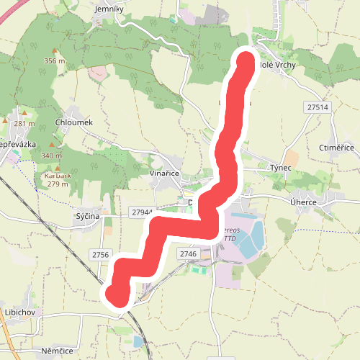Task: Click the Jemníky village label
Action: coord(110,9)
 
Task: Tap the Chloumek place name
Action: coord(74,123)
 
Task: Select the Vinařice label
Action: coord(164,174)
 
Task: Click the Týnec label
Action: coord(280,167)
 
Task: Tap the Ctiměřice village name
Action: coord(336,148)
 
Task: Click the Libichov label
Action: coord(20,312)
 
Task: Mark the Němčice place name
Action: coord(58,350)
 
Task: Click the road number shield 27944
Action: coord(142,212)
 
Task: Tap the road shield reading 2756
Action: coord(100,255)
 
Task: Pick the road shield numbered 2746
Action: coord(188,254)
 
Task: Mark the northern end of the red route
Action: coord(246,61)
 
